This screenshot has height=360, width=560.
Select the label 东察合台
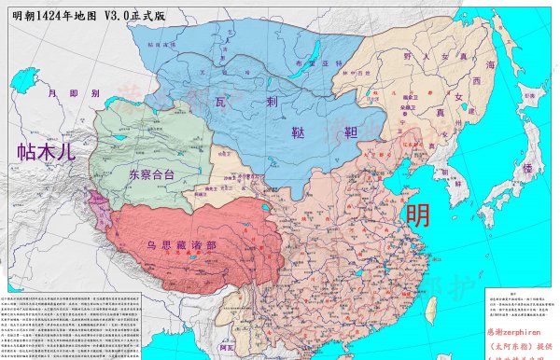pos(151,173)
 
